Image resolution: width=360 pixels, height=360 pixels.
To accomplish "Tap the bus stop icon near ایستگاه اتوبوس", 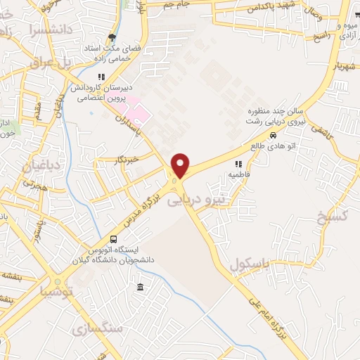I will pyautogui.click(x=114, y=239).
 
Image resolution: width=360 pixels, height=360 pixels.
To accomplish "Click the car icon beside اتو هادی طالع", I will pyautogui.click(x=273, y=136).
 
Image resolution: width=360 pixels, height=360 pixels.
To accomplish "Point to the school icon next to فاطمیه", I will pyautogui.click(x=238, y=163).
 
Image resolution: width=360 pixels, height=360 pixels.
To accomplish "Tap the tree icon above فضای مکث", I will pyautogui.click(x=111, y=38).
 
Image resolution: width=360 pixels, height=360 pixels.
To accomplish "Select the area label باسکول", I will pyautogui.click(x=250, y=264).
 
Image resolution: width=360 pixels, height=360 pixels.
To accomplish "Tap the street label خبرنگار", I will pyautogui.click(x=127, y=160).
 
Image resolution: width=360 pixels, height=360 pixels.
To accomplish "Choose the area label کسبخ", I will pyautogui.click(x=330, y=214).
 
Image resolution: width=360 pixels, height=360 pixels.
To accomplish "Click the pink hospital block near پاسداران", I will pyautogui.click(x=139, y=113).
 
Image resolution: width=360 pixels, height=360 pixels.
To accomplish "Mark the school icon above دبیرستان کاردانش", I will pyautogui.click(x=101, y=76).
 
